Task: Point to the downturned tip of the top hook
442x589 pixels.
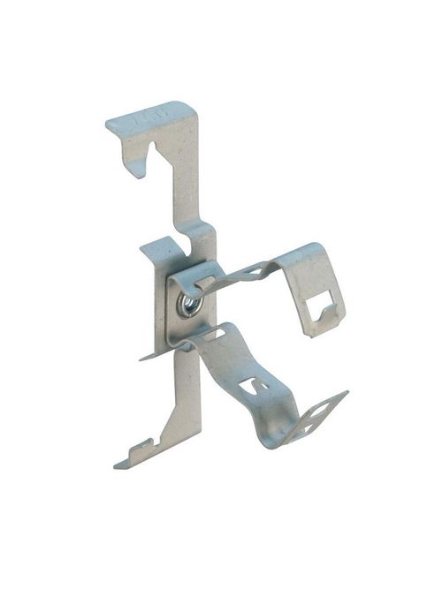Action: pyautogui.click(x=136, y=168)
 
